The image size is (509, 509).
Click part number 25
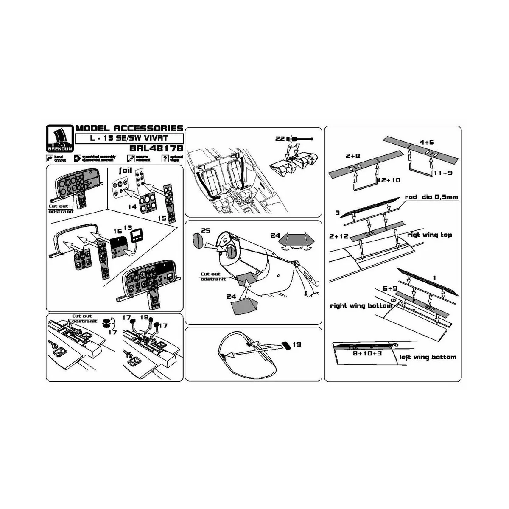[x=206, y=231]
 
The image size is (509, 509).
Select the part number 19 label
[x=296, y=344]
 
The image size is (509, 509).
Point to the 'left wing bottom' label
[x=428, y=357]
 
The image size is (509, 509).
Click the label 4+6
[x=426, y=143]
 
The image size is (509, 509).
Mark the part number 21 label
[x=201, y=168]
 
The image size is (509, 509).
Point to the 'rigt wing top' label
[x=429, y=235]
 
